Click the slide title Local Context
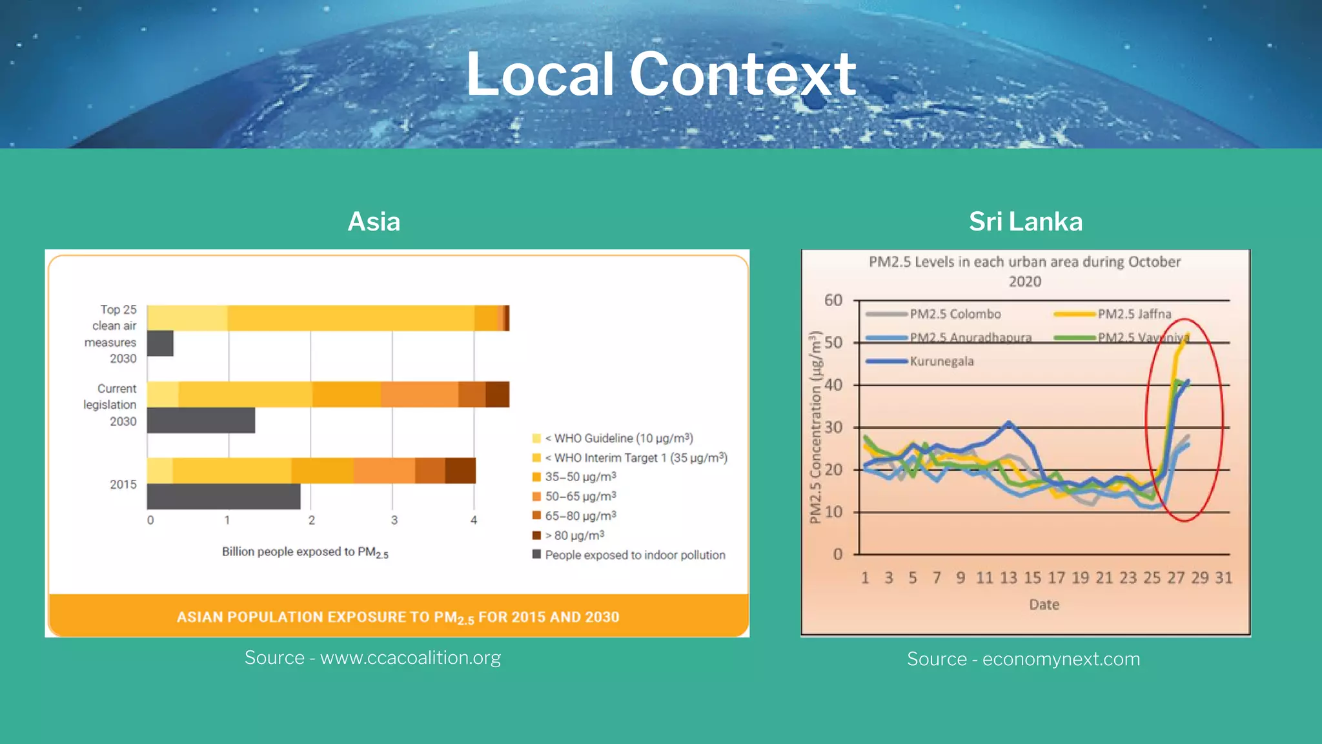[x=660, y=75]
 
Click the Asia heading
[x=374, y=222]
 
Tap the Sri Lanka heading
[x=1025, y=222]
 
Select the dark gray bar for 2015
[x=223, y=496]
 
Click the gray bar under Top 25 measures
[x=160, y=344]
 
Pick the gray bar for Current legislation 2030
[x=201, y=420]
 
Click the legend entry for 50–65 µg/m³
[x=580, y=496]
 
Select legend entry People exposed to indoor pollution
[x=635, y=555]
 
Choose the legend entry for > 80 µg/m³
[x=574, y=535]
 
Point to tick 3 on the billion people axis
[x=394, y=520]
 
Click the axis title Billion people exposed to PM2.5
[x=305, y=552]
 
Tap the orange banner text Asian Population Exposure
[x=398, y=617]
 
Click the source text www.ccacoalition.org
[x=372, y=657]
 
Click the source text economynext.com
[x=1023, y=659]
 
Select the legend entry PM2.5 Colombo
[x=955, y=314]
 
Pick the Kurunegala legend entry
[x=941, y=361]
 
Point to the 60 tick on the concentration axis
[x=833, y=300]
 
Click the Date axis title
[x=1044, y=604]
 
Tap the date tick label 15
[x=1032, y=577]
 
